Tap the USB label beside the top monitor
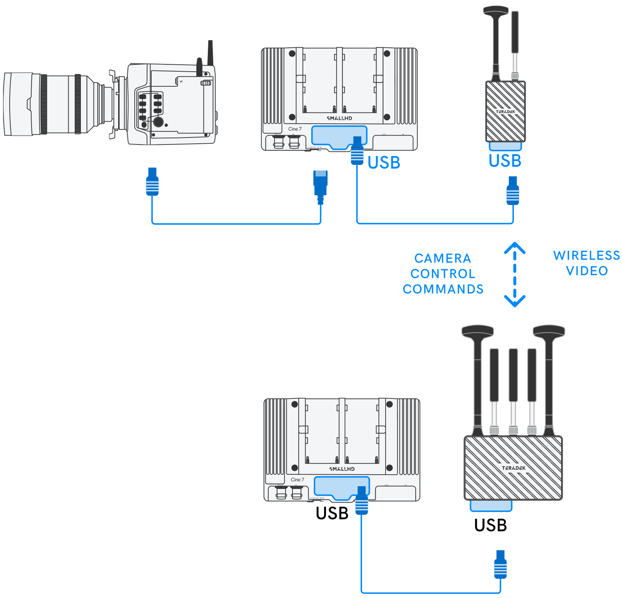(x=384, y=163)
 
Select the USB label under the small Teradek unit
(x=505, y=161)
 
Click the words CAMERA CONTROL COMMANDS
(x=443, y=274)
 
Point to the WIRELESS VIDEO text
(x=586, y=263)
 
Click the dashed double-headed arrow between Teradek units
(x=515, y=274)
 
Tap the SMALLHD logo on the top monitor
(x=339, y=118)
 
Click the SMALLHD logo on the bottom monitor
(x=342, y=469)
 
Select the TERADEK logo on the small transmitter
(x=505, y=112)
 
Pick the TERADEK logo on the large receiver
(x=513, y=468)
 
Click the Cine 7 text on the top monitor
(x=295, y=129)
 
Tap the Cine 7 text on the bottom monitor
(x=297, y=480)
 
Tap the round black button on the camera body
(x=158, y=122)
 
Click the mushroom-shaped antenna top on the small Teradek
(x=496, y=10)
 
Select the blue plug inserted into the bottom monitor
(x=361, y=501)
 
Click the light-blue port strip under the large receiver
(x=491, y=506)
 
